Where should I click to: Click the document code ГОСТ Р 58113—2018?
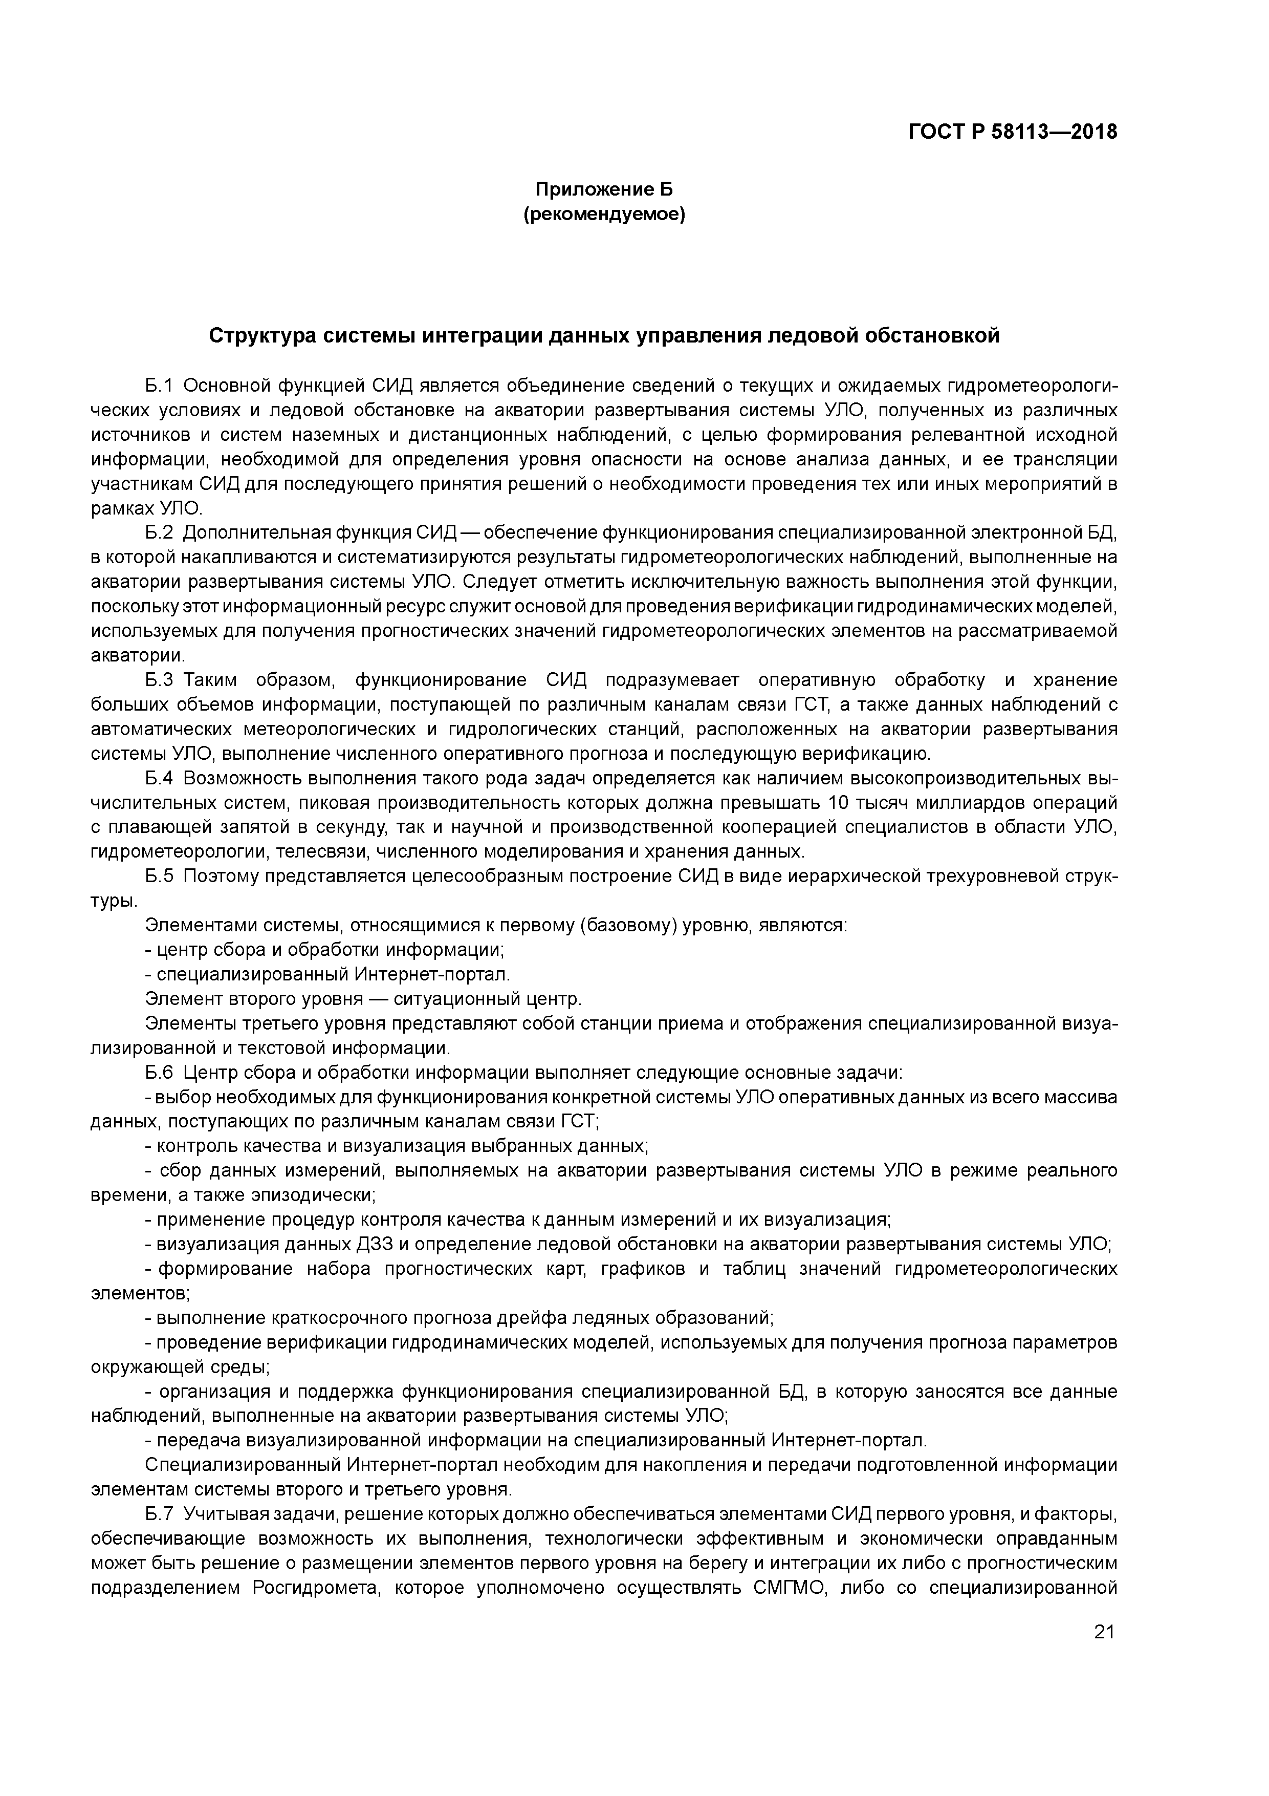coord(1013,132)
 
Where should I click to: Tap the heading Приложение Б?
coord(604,189)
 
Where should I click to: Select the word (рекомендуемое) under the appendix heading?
coord(604,215)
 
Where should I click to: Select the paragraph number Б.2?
coord(158,533)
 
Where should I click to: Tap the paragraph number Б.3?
coord(158,680)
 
